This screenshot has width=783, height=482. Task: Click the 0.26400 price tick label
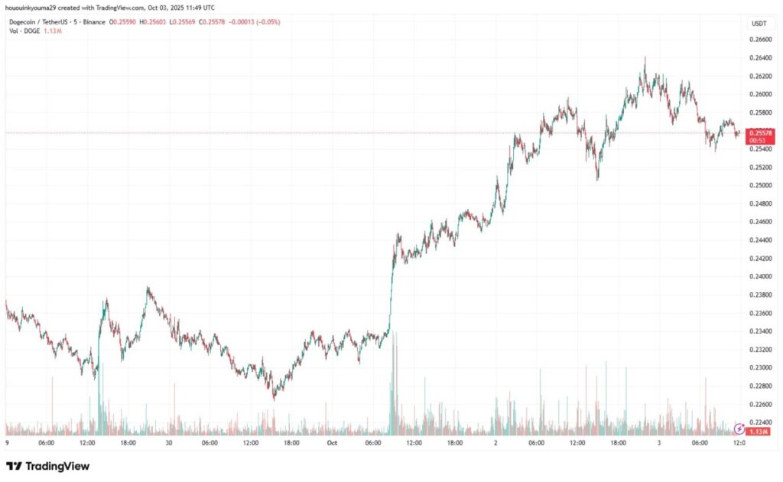point(759,58)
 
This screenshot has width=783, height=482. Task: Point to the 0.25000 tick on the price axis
point(759,185)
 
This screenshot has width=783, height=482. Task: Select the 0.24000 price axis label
point(759,277)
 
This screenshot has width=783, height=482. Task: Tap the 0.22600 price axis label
point(759,404)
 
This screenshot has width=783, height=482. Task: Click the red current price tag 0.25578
point(761,133)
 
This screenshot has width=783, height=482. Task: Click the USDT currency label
point(759,24)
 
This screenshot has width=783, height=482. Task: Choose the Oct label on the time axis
point(332,443)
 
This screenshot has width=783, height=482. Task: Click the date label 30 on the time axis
point(169,443)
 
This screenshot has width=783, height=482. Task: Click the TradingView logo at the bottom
point(47,466)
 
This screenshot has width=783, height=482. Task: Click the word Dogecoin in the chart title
point(24,22)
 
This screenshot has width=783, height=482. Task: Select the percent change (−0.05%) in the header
point(268,22)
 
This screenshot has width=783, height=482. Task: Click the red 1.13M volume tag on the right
point(761,432)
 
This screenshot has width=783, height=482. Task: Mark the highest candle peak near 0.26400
point(645,57)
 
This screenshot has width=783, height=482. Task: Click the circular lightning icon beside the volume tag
point(739,429)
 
